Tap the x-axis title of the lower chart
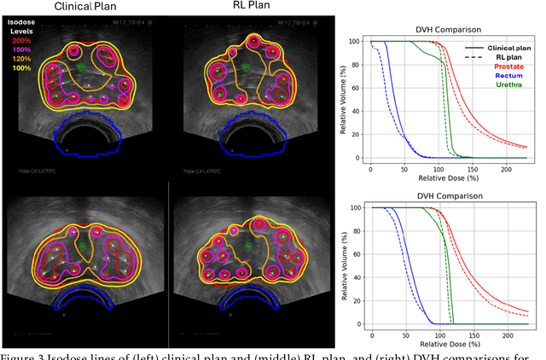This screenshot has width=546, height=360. (x=448, y=348)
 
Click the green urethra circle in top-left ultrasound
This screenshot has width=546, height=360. (x=80, y=66)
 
